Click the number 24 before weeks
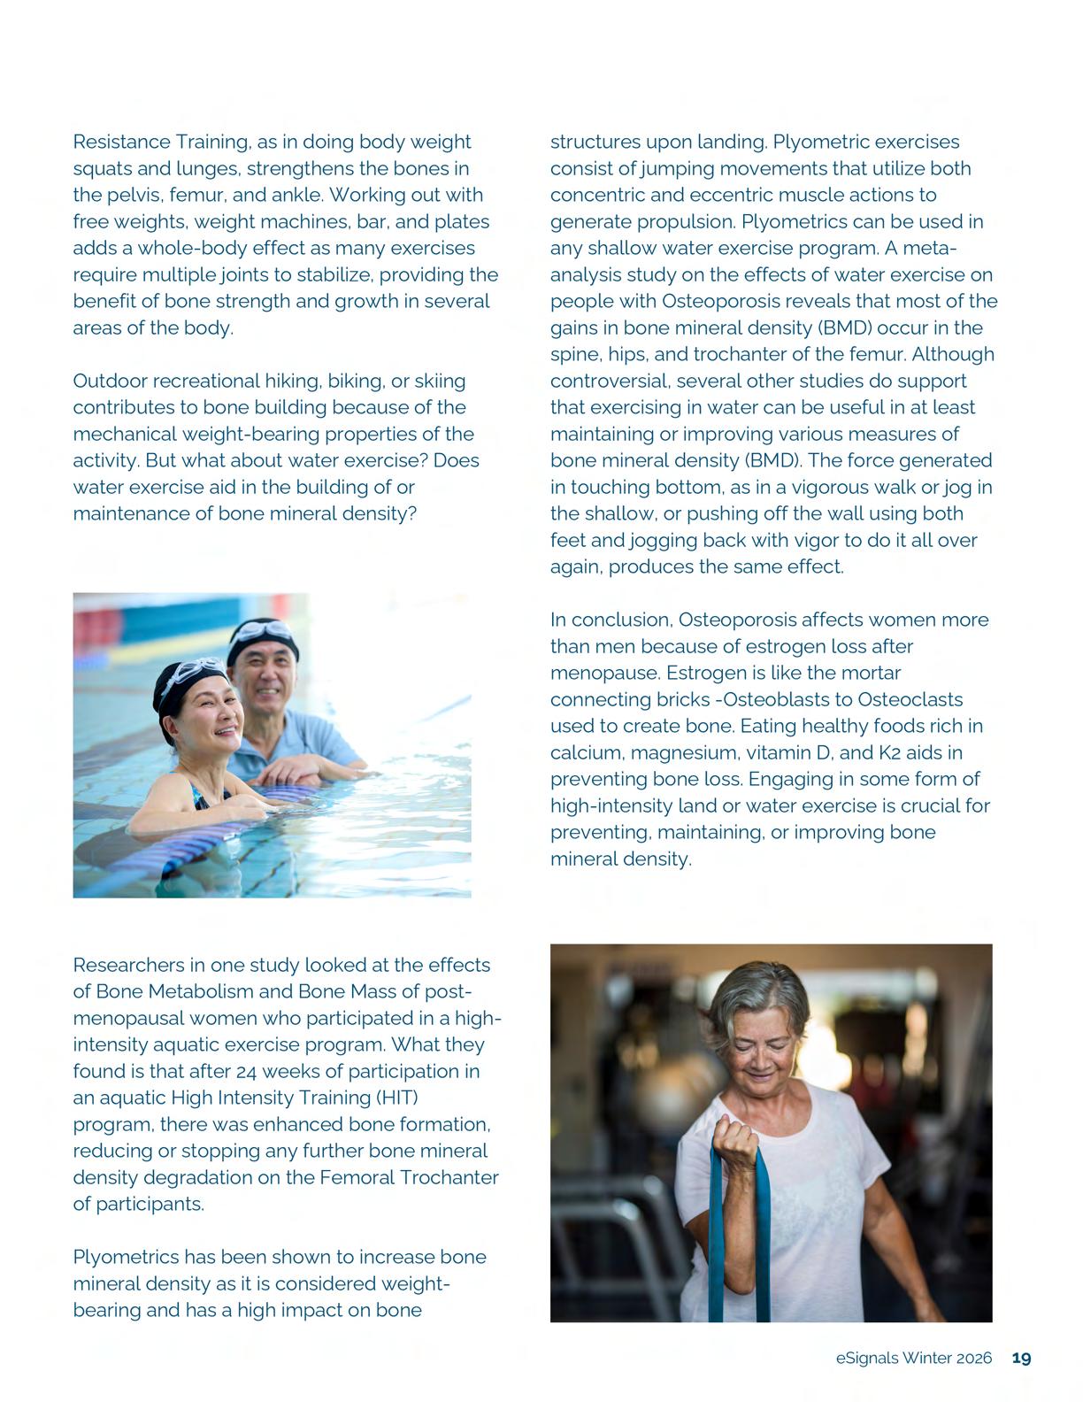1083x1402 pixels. pyautogui.click(x=247, y=1071)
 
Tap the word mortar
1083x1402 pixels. pyautogui.click(x=870, y=673)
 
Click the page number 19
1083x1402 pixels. pyautogui.click(x=1021, y=1358)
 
